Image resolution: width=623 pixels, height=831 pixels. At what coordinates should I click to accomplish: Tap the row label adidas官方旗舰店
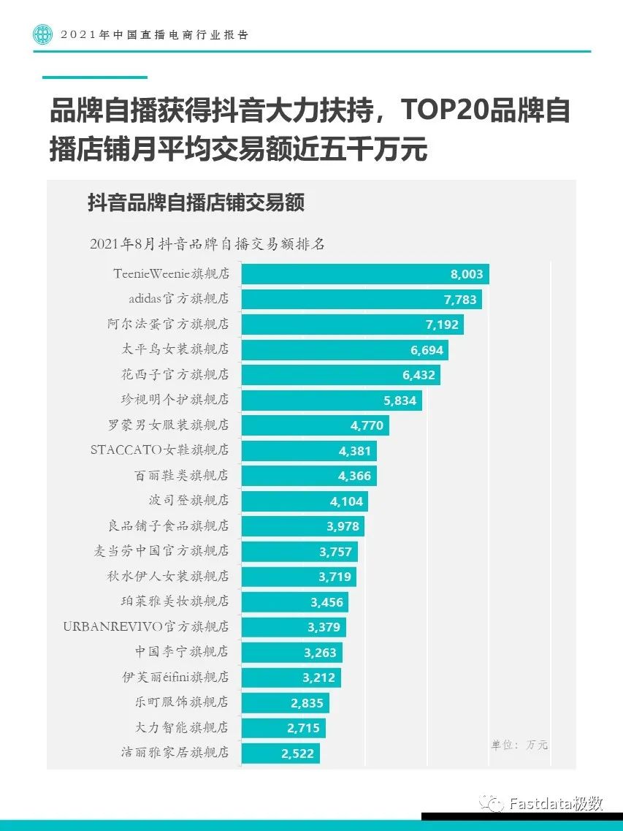coord(178,299)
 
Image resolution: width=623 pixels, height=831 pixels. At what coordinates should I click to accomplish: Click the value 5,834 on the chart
coord(400,401)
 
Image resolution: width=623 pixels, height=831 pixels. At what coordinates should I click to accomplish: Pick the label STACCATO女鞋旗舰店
coord(159,450)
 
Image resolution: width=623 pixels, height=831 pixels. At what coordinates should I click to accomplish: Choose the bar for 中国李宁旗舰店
coord(291,652)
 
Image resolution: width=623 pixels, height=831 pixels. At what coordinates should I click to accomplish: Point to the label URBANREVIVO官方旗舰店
coord(146,627)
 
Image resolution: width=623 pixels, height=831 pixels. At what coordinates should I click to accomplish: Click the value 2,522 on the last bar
coord(298,753)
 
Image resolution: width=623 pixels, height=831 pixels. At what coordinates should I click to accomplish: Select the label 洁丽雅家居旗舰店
coord(175,752)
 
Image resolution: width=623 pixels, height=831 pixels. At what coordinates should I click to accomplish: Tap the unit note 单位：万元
coord(519,745)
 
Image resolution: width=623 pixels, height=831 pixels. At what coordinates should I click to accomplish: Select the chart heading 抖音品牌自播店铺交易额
coord(196,202)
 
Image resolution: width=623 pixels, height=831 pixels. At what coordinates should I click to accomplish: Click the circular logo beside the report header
coord(43,34)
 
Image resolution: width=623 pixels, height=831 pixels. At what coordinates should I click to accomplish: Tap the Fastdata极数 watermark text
coord(556,803)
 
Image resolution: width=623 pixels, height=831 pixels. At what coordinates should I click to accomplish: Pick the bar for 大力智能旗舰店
coord(283,728)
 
